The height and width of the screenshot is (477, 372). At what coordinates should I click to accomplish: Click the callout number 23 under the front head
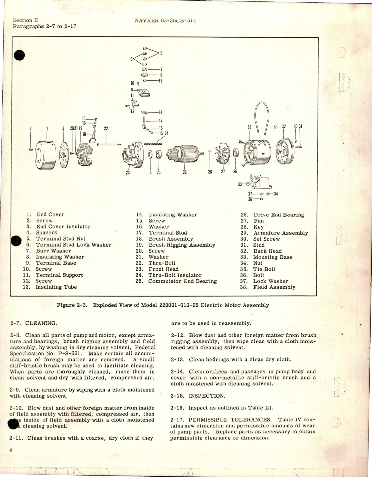128,173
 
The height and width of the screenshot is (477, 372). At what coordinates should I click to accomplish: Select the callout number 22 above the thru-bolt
106,128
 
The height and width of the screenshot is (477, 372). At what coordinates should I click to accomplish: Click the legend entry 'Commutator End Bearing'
182,281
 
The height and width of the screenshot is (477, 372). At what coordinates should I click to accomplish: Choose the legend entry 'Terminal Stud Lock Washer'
73,245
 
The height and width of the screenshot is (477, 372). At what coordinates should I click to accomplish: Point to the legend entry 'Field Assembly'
274,287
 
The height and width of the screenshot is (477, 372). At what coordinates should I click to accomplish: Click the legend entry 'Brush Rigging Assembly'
182,245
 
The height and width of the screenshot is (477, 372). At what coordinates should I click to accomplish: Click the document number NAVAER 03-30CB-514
166,21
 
